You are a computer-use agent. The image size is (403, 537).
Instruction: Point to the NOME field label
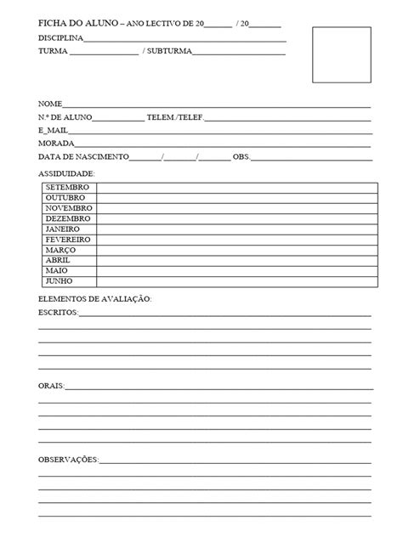51,104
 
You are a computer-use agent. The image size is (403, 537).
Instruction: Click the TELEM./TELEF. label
175,117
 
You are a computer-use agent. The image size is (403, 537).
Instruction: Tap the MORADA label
56,144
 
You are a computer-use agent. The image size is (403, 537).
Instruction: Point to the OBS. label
241,157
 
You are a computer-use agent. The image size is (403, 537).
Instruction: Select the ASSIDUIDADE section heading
67,173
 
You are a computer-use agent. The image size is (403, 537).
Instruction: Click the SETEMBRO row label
68,186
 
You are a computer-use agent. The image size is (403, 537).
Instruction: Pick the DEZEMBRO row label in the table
68,218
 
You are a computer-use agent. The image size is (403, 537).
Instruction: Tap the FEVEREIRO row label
68,240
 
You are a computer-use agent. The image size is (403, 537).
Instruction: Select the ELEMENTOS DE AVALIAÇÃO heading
94,299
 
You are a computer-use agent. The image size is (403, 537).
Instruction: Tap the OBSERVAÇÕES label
69,460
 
